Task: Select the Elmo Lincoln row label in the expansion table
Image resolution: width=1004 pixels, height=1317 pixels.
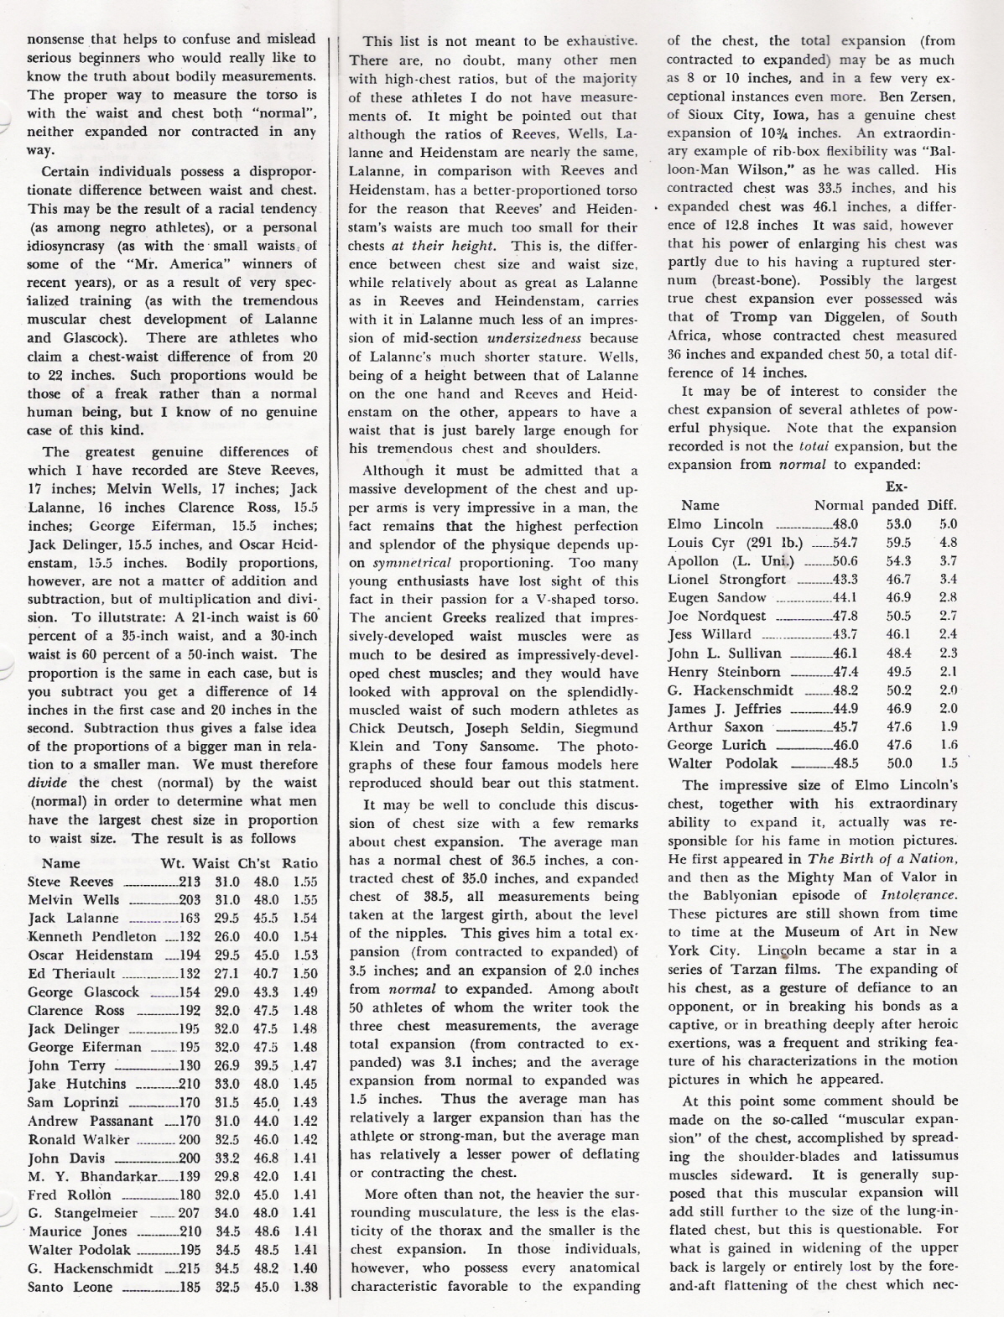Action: (x=715, y=524)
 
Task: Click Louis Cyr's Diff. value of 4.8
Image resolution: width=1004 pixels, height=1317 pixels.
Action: (x=948, y=543)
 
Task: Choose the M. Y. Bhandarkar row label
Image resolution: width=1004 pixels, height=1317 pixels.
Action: (x=92, y=1176)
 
